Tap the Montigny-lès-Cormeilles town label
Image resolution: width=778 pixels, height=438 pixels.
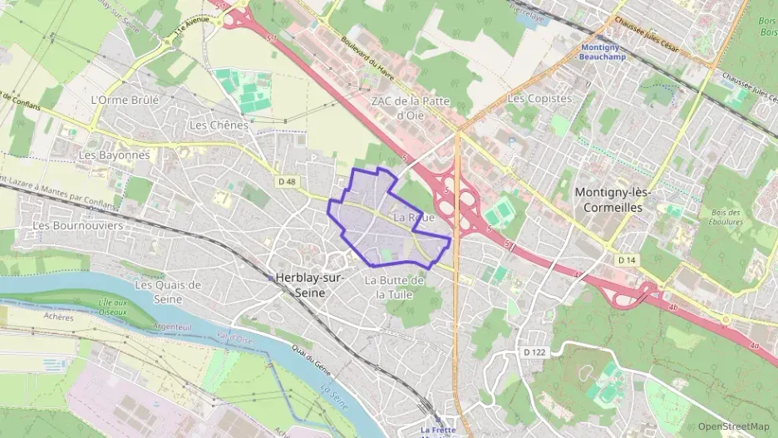point(614,199)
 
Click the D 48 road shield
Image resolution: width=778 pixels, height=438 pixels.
point(287,180)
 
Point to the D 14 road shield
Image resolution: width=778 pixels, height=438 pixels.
point(627,260)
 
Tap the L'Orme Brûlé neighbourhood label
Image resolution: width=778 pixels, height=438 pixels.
point(122,100)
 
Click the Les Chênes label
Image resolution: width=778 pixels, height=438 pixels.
point(219,125)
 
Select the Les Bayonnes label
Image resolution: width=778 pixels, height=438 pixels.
point(114,155)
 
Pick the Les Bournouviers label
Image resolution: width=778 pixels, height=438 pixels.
point(77,225)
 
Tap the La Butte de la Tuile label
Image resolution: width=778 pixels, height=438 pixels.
point(395,288)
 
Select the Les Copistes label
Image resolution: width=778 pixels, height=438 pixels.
point(539,98)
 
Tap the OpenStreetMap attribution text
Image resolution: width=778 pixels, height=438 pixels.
point(733,426)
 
